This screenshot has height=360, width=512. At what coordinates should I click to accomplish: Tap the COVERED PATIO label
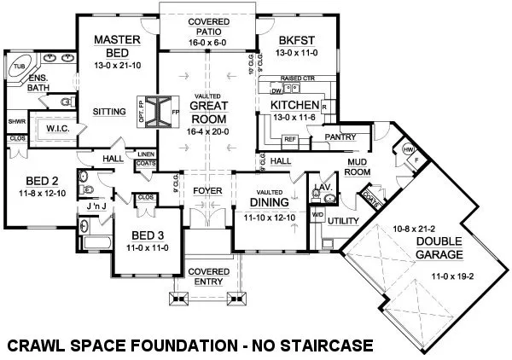[x=207, y=26]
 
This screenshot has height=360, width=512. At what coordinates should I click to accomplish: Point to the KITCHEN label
[x=294, y=105]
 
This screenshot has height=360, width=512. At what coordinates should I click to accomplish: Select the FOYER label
[x=207, y=189]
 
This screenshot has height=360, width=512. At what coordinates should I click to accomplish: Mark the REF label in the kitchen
[x=289, y=138]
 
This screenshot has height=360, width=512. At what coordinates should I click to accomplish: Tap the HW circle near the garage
[x=406, y=150]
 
